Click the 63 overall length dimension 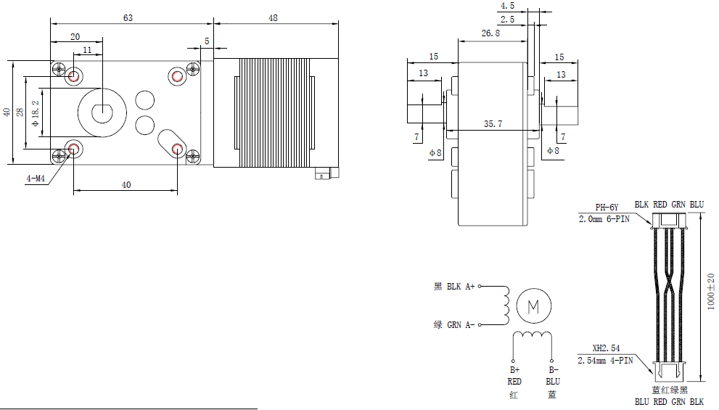[x=128, y=18]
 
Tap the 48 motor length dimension [x=273, y=18]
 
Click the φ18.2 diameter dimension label [x=36, y=113]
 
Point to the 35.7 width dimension [x=493, y=124]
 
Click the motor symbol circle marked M [x=533, y=306]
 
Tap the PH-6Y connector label [x=607, y=207]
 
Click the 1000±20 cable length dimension [x=711, y=291]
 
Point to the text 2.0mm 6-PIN [x=604, y=218]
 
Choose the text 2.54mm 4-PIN [x=605, y=359]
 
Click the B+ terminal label [x=514, y=370]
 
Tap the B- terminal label [x=553, y=370]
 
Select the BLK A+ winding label [x=455, y=287]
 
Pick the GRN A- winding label [x=455, y=324]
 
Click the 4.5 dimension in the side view [x=508, y=6]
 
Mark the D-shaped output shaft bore [x=102, y=112]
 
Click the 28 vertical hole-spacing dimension [x=20, y=112]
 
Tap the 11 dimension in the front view [x=88, y=50]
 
